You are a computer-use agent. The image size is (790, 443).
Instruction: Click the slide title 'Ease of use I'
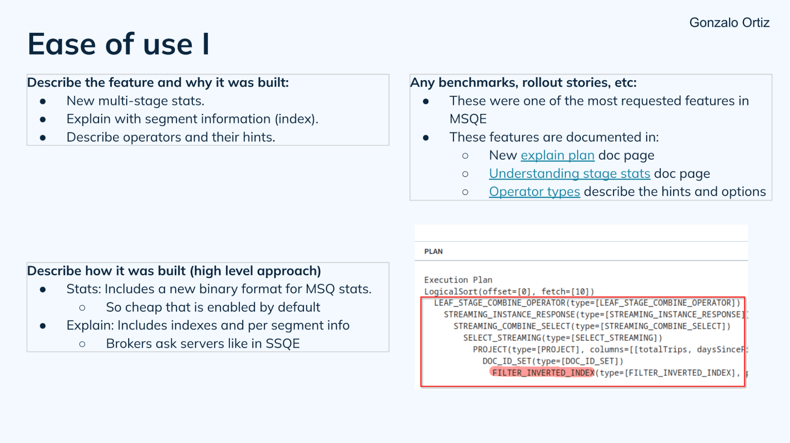(x=118, y=44)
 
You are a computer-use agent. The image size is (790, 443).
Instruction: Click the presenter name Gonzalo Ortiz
(x=729, y=23)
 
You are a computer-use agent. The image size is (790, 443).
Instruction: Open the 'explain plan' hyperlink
(x=557, y=155)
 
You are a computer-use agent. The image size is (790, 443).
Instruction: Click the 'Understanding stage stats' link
(x=569, y=173)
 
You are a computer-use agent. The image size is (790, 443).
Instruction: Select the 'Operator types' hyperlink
(x=534, y=192)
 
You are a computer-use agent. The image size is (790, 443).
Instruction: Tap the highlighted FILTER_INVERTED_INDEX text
(x=543, y=373)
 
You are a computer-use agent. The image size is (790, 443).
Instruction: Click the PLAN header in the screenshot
(x=433, y=251)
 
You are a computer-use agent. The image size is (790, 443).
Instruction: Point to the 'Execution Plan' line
(x=458, y=280)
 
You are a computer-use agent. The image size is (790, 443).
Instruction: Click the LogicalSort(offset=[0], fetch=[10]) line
(x=509, y=292)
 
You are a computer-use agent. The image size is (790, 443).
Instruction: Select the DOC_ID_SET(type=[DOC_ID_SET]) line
(x=552, y=361)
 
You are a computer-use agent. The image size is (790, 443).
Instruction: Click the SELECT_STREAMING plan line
(x=562, y=338)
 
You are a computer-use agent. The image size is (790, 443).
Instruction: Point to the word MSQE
(x=468, y=119)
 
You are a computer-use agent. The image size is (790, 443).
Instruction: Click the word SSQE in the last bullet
(x=283, y=344)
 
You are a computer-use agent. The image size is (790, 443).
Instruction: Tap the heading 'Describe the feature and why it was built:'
(x=158, y=83)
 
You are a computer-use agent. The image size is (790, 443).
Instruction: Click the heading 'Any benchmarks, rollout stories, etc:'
(x=523, y=83)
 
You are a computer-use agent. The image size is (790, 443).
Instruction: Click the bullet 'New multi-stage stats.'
(x=135, y=101)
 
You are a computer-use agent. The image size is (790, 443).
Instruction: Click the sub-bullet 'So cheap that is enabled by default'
(x=213, y=307)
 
